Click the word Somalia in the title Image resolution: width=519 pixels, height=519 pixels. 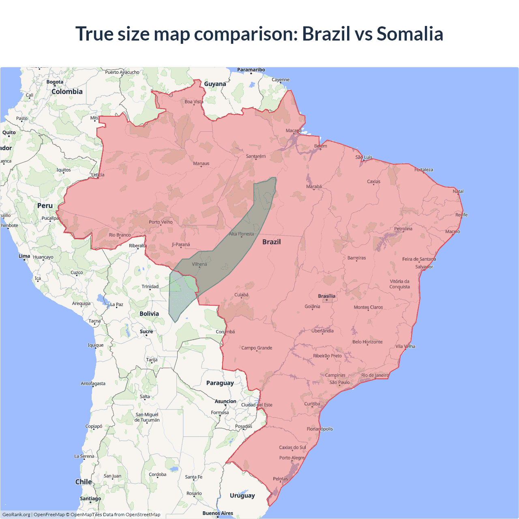pos(410,34)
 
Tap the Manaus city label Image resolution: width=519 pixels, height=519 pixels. pos(201,163)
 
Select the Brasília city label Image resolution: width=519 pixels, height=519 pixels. pos(326,296)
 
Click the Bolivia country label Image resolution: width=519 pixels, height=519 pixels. pos(149,313)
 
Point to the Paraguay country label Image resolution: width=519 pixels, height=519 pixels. pos(220,383)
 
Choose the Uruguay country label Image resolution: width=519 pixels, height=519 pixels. pos(242,495)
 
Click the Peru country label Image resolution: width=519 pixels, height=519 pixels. pos(45,206)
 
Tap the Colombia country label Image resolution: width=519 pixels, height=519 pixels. pos(67,92)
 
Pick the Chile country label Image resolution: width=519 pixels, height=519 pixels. pos(84,482)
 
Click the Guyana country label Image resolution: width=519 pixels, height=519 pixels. pos(215,84)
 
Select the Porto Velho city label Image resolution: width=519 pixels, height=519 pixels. pos(161,222)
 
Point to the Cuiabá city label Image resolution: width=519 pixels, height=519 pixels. pos(241,295)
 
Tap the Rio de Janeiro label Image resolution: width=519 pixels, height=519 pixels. pos(375,375)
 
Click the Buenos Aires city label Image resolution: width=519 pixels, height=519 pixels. pos(218,513)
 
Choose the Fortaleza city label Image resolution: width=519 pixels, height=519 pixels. pos(424,169)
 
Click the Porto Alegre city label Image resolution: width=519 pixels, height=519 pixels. pos(292,458)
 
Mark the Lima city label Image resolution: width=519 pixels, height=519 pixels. pos(24,256)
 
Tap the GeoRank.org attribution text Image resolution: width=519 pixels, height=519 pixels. pos(16,515)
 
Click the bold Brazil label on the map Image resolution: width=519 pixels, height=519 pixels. pos(271,242)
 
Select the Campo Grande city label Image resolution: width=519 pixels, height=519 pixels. pos(257,348)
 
